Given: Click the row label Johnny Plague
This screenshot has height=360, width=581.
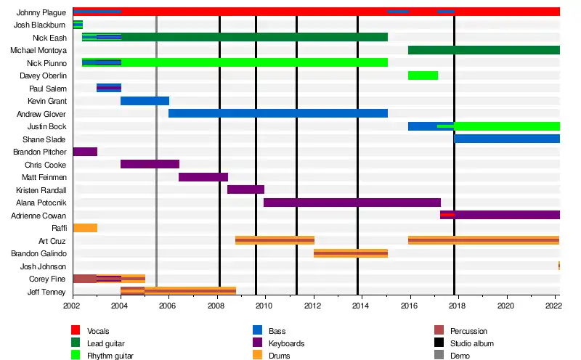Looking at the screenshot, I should tap(43, 12).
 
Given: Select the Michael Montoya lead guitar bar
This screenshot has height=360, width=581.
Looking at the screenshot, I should tap(484, 50).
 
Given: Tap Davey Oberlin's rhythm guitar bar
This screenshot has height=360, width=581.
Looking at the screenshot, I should tap(423, 75).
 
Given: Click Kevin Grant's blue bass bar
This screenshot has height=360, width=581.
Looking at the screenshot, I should tap(145, 101).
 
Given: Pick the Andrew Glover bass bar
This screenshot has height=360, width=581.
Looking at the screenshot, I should tap(277, 113).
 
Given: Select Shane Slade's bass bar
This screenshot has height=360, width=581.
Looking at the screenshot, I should tap(507, 139).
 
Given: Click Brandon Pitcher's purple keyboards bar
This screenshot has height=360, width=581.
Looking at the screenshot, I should tap(85, 152).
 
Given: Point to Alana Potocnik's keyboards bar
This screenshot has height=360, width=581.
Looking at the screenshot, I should tap(352, 202).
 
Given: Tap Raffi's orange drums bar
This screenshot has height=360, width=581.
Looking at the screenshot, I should tap(85, 228).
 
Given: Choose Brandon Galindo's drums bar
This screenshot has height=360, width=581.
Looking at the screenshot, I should tap(350, 253).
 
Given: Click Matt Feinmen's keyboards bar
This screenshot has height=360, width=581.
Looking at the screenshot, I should tap(203, 177).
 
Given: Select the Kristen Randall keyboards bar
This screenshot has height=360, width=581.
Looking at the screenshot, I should tap(245, 189).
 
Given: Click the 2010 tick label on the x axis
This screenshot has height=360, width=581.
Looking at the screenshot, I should tap(265, 307).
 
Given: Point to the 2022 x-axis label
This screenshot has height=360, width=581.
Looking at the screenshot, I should tap(553, 307).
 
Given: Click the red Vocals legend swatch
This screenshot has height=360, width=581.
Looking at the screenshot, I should tap(76, 331).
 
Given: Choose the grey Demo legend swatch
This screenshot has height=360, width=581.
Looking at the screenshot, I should tap(439, 356).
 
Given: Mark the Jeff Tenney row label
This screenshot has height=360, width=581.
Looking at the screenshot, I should tap(48, 292).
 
